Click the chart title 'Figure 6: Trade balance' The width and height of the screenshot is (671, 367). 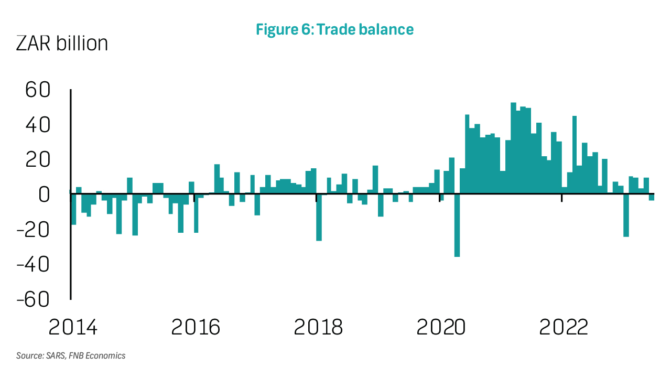334,29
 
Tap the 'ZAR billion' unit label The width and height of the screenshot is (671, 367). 62,43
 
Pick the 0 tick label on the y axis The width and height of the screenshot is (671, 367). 43,195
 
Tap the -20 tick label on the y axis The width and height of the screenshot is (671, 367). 33,230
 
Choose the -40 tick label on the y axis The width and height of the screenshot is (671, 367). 33,264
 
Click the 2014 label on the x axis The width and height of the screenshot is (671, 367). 73,327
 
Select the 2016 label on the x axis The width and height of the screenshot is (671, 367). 196,327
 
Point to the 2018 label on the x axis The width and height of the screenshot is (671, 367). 318,327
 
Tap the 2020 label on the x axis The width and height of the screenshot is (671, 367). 441,327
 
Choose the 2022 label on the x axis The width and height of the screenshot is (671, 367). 564,327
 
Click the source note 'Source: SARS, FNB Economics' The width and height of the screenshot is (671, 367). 71,355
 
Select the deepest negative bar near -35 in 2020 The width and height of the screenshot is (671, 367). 457,225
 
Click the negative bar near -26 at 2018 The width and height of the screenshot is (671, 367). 319,217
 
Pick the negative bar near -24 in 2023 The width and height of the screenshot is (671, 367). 626,215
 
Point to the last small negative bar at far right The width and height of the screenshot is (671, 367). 652,197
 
